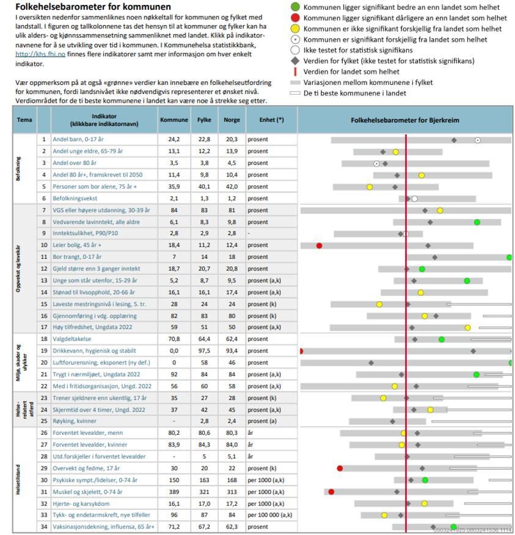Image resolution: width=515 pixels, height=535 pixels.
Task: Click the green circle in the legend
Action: [x=295, y=7]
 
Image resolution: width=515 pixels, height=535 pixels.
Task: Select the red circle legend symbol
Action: [x=295, y=18]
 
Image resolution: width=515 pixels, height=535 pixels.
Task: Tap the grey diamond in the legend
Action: [x=295, y=60]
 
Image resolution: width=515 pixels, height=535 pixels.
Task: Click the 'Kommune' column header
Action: [x=173, y=120]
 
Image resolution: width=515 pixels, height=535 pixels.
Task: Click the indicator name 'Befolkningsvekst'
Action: [x=76, y=198]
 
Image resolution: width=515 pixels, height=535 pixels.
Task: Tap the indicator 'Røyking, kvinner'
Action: [x=75, y=421]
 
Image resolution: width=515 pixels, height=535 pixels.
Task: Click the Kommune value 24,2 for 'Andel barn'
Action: [x=173, y=140]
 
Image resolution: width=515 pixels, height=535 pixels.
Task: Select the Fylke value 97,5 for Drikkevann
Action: [x=204, y=351]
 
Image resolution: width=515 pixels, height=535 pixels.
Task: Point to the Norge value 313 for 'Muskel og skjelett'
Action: [x=232, y=492]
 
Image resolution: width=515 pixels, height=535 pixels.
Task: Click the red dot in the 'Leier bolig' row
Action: [x=319, y=246]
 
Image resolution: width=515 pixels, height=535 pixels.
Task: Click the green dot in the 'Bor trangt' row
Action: [x=509, y=257]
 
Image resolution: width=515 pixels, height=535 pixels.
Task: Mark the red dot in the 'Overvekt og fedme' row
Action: [x=340, y=468]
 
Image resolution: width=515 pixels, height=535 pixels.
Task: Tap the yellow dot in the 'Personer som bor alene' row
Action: [x=370, y=187]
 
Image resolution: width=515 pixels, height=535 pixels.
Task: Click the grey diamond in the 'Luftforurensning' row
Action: [x=371, y=363]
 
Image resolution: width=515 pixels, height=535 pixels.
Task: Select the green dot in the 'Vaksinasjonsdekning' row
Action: [x=453, y=526]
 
